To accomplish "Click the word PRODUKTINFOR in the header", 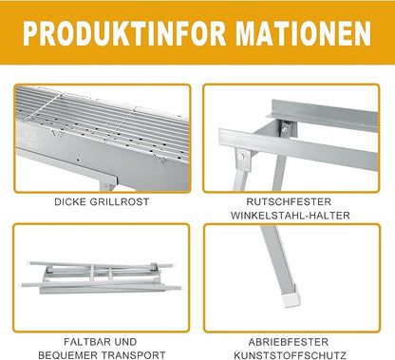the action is [x=125, y=34].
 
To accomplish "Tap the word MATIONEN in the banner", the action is [x=303, y=34].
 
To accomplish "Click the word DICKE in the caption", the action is [x=70, y=201].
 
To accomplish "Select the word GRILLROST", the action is [x=120, y=201].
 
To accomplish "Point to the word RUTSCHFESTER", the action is [x=289, y=201].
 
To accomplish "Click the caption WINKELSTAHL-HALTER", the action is [x=291, y=216].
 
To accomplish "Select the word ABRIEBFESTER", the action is [x=289, y=342].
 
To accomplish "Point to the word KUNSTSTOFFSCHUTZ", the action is [x=290, y=355].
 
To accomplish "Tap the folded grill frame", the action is [x=102, y=276].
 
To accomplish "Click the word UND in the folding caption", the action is [x=125, y=342].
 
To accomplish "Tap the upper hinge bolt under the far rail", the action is [x=285, y=128].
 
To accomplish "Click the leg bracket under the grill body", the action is [x=108, y=184].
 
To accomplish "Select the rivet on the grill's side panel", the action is [x=78, y=156].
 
